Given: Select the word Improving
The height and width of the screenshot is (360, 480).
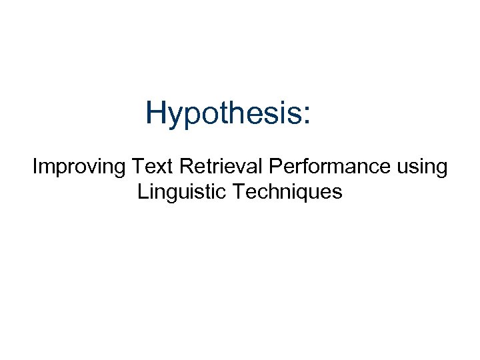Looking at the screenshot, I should pos(79,166).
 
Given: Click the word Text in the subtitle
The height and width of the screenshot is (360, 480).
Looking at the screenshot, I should pos(151,165).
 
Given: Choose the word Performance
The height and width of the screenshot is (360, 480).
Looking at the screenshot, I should pos(324,165).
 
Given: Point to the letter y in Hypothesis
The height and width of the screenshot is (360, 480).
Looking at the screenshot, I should pos(175,116).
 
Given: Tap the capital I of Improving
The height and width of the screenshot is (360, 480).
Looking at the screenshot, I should pos(35,165).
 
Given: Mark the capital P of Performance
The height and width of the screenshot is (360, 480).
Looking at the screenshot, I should pos(278,165).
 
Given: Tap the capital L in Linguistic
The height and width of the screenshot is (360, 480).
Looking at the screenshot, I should pos(142,193).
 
